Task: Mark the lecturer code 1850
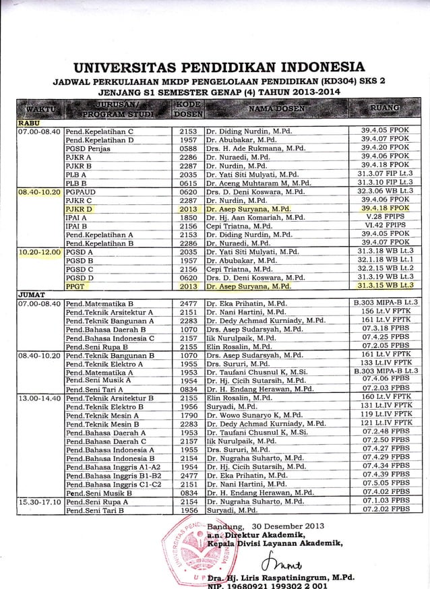click(188, 218)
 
